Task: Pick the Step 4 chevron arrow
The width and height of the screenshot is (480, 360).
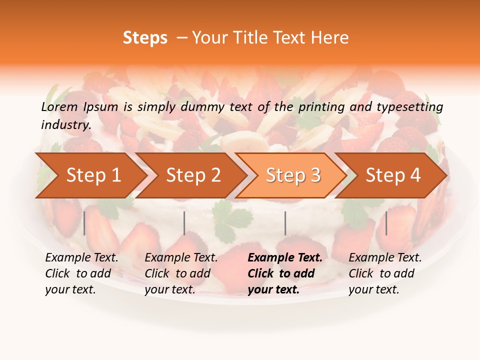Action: click(393, 175)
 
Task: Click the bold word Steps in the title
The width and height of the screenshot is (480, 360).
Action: click(145, 38)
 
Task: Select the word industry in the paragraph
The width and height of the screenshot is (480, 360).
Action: click(65, 125)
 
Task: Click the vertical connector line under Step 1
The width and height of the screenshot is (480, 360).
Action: click(84, 223)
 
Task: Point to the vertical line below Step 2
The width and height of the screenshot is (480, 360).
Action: click(184, 223)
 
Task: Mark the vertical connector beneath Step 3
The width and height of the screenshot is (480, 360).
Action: click(285, 223)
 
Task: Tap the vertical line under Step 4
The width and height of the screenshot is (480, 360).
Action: click(386, 223)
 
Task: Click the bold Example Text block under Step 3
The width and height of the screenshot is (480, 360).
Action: click(285, 273)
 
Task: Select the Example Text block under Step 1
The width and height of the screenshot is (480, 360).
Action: click(81, 273)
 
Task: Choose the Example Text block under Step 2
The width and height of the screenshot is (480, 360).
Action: click(181, 273)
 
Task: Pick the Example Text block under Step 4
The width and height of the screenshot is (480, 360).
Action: click(385, 273)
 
